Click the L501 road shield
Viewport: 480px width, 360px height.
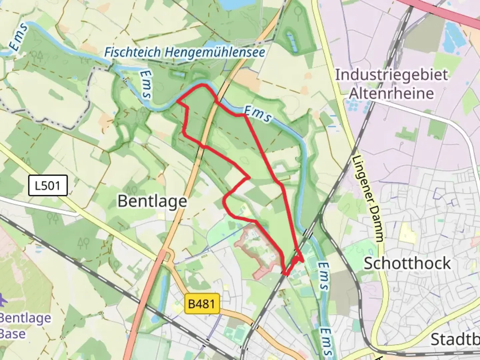point(47,185)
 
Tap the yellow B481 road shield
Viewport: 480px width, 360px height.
point(202,303)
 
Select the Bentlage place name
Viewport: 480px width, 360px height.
point(152,201)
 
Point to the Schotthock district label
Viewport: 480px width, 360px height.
point(407,263)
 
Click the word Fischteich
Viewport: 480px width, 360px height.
point(132,52)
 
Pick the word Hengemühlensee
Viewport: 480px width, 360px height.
point(215,52)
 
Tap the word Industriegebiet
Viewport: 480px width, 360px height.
point(391,74)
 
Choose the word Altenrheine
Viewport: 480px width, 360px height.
point(391,93)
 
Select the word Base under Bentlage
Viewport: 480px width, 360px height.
point(13,334)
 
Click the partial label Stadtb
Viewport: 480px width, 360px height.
point(455,339)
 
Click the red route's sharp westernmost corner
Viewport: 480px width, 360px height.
point(177,101)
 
